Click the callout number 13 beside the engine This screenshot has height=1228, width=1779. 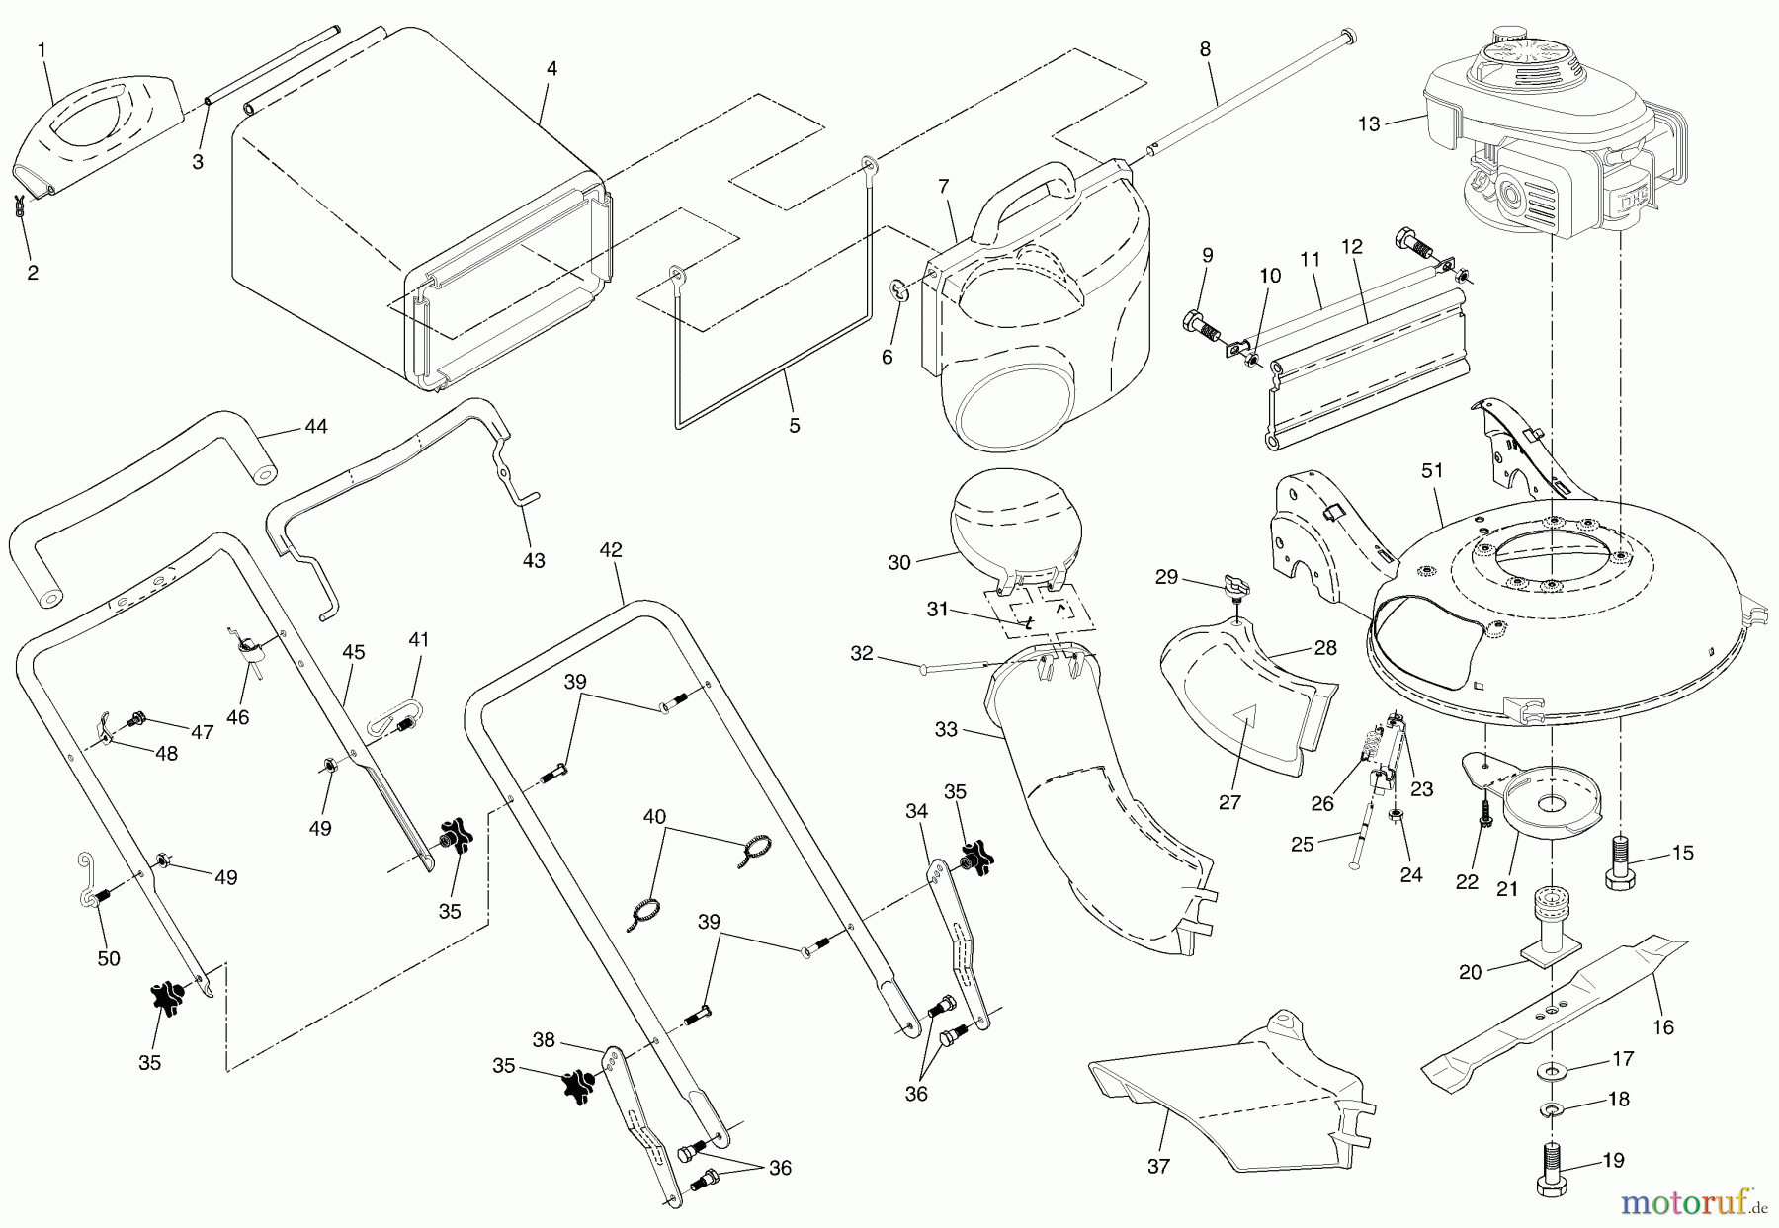click(x=1368, y=123)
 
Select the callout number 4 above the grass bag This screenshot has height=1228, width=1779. click(x=551, y=69)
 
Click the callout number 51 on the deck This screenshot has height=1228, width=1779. click(x=1432, y=472)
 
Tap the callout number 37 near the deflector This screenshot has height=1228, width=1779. click(x=1158, y=1167)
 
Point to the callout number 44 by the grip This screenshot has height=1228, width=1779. click(x=316, y=427)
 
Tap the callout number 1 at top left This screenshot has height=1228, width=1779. click(x=42, y=48)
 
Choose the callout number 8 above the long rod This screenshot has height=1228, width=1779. click(x=1205, y=48)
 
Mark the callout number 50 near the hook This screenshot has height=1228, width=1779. click(x=109, y=958)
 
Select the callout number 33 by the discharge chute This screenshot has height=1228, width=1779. click(x=946, y=730)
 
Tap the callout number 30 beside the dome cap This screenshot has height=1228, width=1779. click(x=899, y=562)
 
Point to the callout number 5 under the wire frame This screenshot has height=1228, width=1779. click(x=795, y=426)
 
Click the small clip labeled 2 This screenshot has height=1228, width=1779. click(x=21, y=206)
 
